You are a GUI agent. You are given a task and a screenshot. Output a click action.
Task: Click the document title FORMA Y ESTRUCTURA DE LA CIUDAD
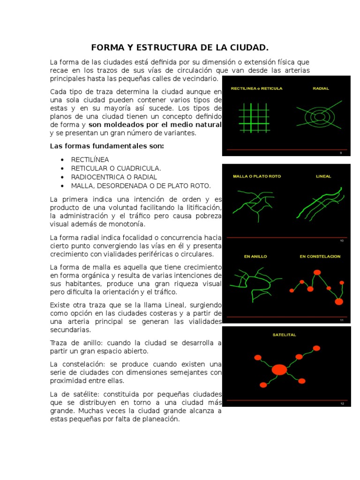pos(180,47)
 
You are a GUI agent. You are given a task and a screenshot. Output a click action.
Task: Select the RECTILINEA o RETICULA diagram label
pos(256,88)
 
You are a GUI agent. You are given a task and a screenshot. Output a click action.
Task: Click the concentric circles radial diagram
pos(319,116)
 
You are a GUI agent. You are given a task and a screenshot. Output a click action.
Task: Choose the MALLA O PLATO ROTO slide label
pos(257,176)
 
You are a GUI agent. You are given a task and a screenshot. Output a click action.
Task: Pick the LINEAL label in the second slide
pos(323,176)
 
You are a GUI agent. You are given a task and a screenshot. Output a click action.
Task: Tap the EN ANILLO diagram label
pos(255,256)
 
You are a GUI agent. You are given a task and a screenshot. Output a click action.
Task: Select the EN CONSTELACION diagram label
pos(320,256)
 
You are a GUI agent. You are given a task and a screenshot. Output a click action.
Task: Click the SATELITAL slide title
pos(283,335)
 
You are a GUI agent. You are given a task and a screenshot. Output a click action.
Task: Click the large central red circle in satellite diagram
pos(279,369)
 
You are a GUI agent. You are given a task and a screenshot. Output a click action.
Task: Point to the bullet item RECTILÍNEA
pos(90,159)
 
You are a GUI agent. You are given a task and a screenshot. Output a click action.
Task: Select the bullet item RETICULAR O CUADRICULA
pos(116,168)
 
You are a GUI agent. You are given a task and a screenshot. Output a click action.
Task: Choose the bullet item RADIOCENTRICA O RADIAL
pos(114,177)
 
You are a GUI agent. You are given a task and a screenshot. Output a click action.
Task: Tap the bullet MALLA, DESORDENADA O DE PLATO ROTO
pos(141,185)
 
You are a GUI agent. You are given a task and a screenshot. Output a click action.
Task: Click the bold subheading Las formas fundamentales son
pos(107,146)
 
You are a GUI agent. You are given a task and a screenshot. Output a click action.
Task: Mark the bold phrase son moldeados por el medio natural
pos(155,125)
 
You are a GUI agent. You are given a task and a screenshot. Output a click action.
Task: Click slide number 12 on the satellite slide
pos(342,403)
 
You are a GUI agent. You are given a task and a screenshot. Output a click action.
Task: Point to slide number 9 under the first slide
pos(341,153)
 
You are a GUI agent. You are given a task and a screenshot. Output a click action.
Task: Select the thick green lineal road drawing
pos(319,202)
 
